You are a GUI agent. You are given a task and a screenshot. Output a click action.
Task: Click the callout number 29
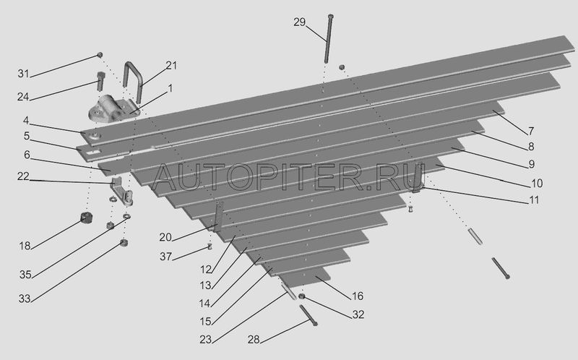pyautogui.click(x=299, y=22)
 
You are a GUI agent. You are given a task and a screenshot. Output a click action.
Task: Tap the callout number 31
pyautogui.click(x=23, y=74)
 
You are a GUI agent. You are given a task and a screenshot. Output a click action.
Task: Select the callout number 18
pyautogui.click(x=25, y=246)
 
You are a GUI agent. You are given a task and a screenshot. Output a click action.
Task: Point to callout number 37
pyautogui.click(x=165, y=256)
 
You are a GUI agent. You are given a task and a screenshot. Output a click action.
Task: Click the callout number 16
pyautogui.click(x=358, y=296)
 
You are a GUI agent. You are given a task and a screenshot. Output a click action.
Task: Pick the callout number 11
pyautogui.click(x=534, y=200)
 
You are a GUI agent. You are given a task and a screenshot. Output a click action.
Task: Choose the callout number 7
pyautogui.click(x=531, y=131)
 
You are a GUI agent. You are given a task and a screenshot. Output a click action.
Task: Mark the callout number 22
pyautogui.click(x=23, y=176)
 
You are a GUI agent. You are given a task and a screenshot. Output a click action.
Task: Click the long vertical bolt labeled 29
pyautogui.click(x=329, y=38)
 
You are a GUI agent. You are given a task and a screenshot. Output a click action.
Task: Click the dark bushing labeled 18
pyautogui.click(x=87, y=218)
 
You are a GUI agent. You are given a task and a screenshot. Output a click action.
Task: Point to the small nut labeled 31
pyautogui.click(x=100, y=55)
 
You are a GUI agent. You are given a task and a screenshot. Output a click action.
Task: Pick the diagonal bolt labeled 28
pyautogui.click(x=309, y=315)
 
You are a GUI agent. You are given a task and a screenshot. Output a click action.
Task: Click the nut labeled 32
pyautogui.click(x=301, y=296)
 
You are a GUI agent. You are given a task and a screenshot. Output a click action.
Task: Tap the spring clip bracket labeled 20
pyautogui.click(x=218, y=217)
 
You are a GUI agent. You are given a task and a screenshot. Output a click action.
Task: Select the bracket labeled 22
pyautogui.click(x=121, y=191)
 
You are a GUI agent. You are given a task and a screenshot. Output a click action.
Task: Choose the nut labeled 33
pyautogui.click(x=124, y=243)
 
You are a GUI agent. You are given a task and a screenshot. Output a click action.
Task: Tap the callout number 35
pyautogui.click(x=25, y=275)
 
